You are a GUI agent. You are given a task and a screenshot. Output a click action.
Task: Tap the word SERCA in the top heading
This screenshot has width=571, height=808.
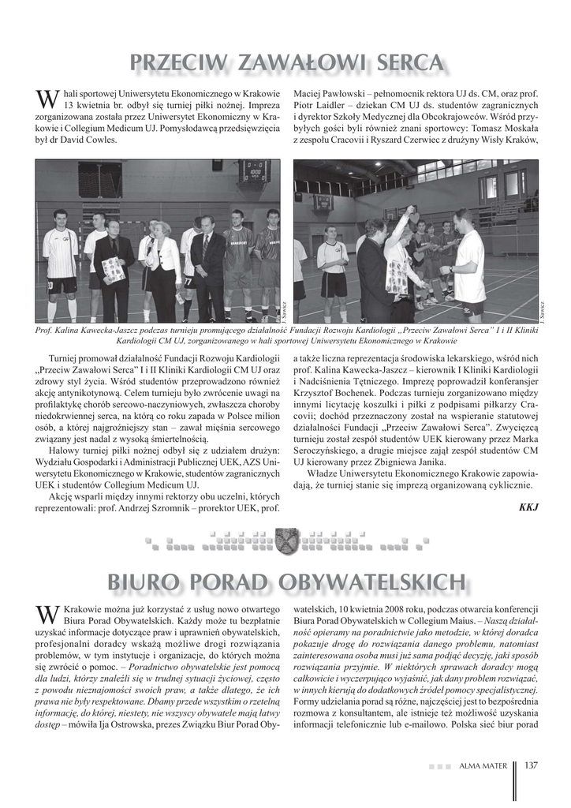pyautogui.click(x=404, y=62)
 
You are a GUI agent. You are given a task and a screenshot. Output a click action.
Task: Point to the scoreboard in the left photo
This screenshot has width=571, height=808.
pyautogui.click(x=252, y=170)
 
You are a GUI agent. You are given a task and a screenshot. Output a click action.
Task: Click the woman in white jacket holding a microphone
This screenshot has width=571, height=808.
pyautogui.click(x=165, y=268)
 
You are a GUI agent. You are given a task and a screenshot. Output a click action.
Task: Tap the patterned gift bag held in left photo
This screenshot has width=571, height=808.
pyautogui.click(x=114, y=271)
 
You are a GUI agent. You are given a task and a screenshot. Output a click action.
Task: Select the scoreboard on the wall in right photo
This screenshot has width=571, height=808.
pyautogui.click(x=323, y=202)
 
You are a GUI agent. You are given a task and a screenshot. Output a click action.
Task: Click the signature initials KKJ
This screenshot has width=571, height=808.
pyautogui.click(x=528, y=507)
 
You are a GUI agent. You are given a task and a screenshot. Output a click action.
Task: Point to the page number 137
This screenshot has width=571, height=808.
pyautogui.click(x=530, y=765)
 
